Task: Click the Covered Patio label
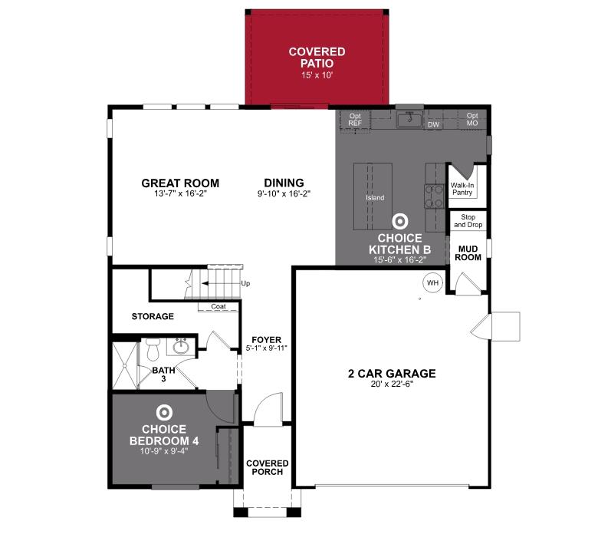[x=317, y=58]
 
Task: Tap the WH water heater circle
[x=432, y=282]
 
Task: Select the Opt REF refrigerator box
[x=354, y=119]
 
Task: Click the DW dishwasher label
[x=433, y=124]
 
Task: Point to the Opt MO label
[x=471, y=119]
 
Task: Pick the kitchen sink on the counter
[x=412, y=118]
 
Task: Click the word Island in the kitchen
[x=375, y=198]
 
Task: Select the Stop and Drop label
[x=468, y=221]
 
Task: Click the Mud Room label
[x=468, y=252]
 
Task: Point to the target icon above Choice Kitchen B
[x=399, y=222]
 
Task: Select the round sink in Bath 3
[x=182, y=347]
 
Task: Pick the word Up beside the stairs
[x=245, y=283]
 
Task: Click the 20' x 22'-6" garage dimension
[x=391, y=386]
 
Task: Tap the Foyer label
[x=266, y=339]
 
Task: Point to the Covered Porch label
[x=267, y=467]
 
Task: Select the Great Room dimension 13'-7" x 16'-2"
[x=180, y=194]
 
